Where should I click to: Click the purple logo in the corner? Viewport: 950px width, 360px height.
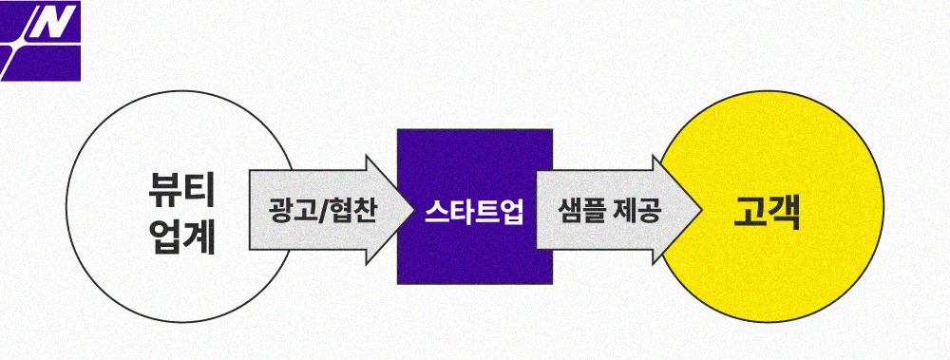pyautogui.click(x=41, y=40)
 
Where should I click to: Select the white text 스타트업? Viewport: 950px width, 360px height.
pyautogui.click(x=474, y=210)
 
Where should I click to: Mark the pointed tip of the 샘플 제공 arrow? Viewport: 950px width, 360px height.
pyautogui.click(x=701, y=210)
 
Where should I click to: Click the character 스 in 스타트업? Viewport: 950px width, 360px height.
pyautogui.click(x=436, y=210)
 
